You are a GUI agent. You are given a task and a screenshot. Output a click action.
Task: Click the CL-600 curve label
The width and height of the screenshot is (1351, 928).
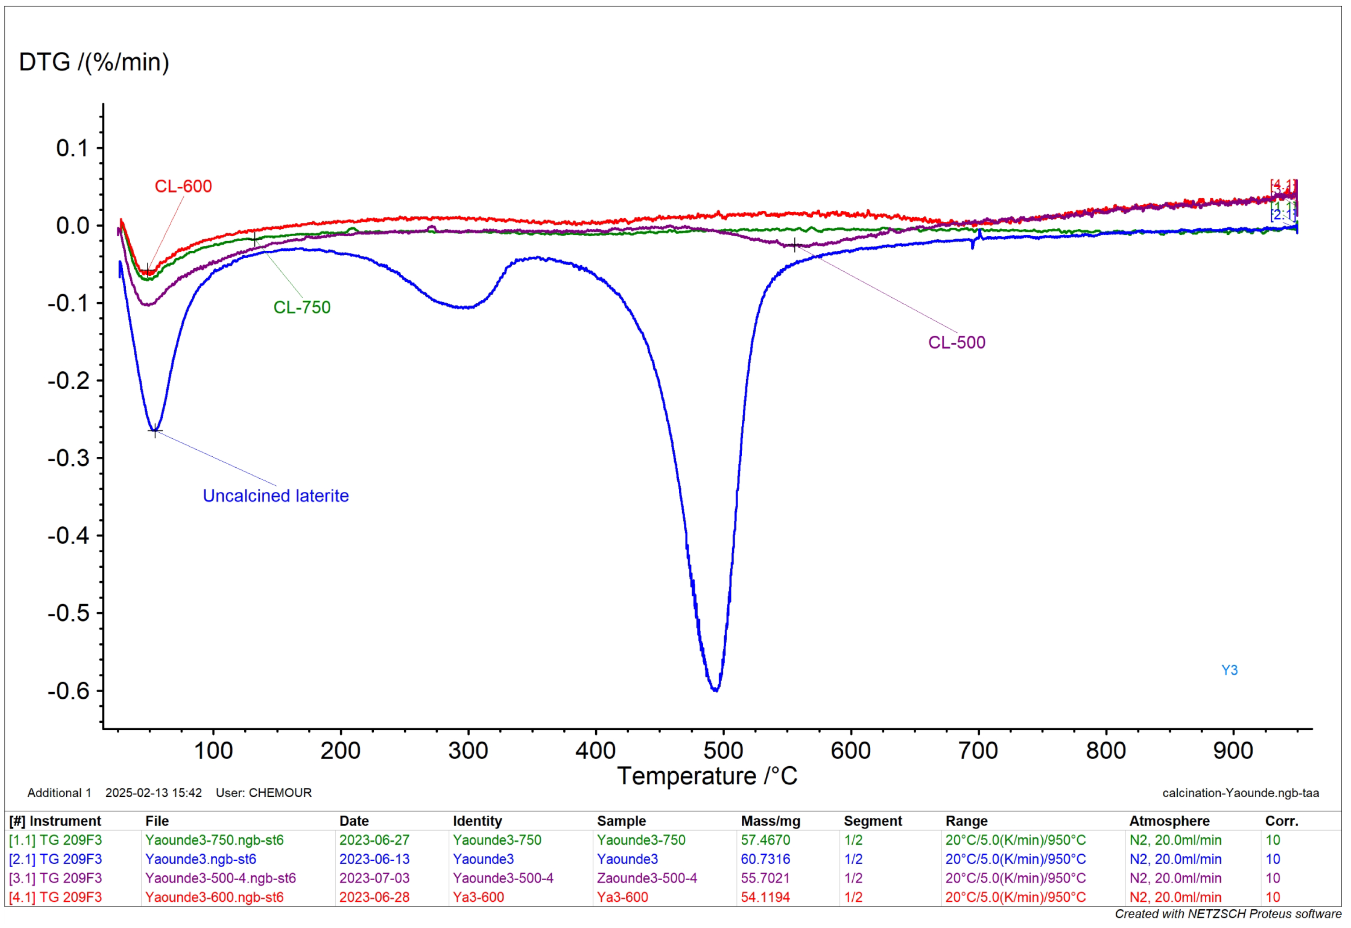(183, 187)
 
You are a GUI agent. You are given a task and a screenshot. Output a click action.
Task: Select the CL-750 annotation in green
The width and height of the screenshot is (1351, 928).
(302, 308)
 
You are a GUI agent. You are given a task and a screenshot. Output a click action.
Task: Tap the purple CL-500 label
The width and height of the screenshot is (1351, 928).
(957, 342)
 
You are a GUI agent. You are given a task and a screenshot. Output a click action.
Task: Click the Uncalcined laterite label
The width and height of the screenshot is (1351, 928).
(276, 496)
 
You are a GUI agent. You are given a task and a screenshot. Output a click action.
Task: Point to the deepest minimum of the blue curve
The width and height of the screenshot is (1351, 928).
(716, 690)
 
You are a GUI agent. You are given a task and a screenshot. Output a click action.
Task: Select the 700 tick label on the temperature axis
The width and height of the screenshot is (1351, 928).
(979, 750)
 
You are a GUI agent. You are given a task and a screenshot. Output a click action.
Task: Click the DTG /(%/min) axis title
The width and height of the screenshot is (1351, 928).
(94, 62)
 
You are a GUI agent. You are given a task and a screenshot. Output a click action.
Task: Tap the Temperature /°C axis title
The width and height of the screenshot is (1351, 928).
(708, 777)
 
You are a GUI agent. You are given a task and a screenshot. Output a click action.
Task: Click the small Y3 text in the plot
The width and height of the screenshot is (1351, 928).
(1230, 670)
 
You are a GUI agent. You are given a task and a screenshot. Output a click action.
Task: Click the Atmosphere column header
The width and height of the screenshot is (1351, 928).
(1170, 821)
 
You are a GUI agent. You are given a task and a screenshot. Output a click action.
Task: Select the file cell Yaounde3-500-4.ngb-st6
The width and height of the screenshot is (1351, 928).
(221, 878)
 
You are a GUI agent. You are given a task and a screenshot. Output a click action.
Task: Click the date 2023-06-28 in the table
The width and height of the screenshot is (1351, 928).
(375, 897)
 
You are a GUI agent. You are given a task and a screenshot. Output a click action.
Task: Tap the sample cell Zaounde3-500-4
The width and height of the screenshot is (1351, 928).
(647, 878)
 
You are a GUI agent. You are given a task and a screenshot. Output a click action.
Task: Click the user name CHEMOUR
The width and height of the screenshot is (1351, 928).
(280, 793)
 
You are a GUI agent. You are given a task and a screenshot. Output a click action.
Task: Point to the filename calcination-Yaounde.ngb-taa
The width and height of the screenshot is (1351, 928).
(1241, 793)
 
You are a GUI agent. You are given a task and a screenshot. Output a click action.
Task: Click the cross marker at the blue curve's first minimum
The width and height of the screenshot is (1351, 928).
(155, 431)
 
